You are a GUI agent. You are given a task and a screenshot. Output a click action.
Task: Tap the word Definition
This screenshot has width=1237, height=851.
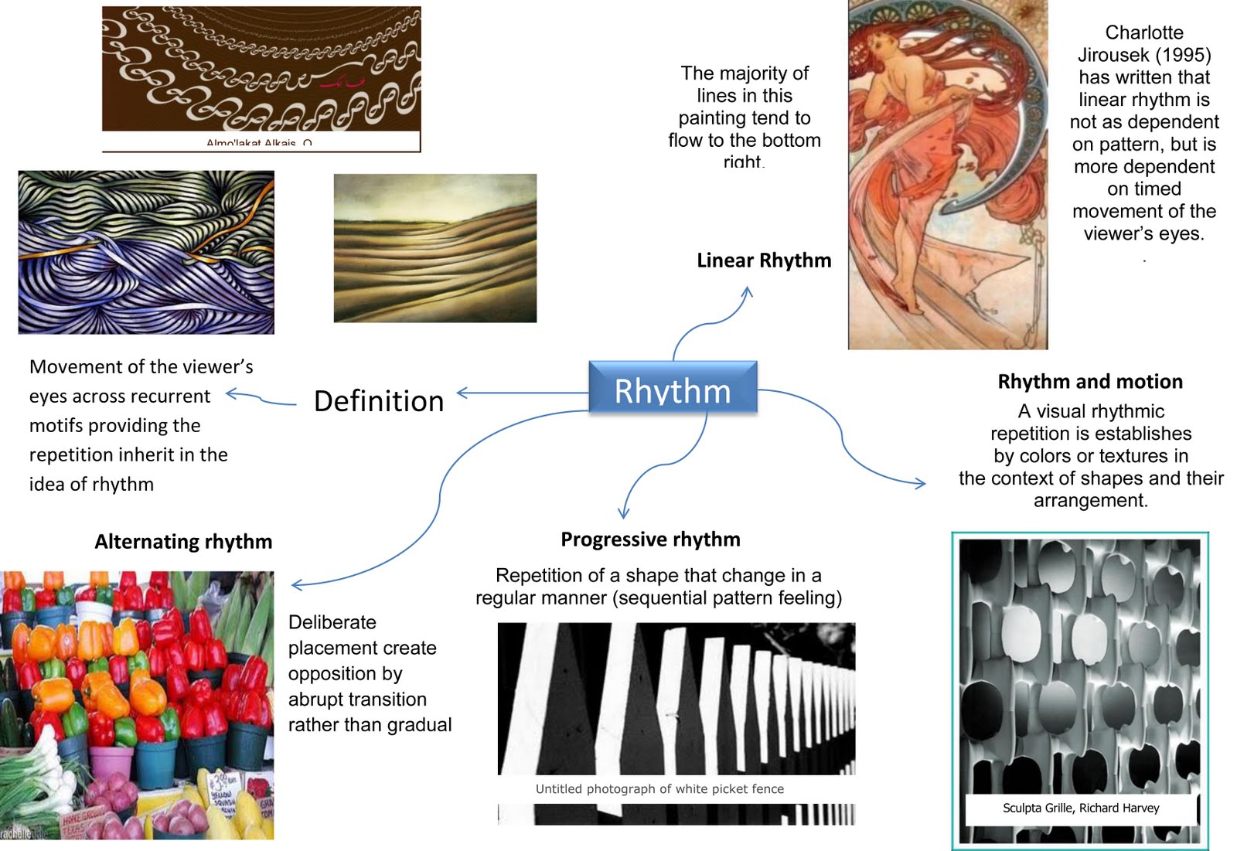pyautogui.click(x=379, y=401)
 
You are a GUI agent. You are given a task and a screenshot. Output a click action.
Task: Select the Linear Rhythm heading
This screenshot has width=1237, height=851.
pyautogui.click(x=764, y=260)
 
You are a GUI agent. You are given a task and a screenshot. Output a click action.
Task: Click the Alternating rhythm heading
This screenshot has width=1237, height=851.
pyautogui.click(x=183, y=542)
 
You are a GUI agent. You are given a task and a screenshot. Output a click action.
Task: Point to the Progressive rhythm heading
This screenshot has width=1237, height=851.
pyautogui.click(x=650, y=540)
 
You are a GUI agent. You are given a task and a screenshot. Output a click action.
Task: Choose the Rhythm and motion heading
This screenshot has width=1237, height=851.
pyautogui.click(x=1090, y=382)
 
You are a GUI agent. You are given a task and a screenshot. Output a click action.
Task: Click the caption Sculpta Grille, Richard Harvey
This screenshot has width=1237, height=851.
pyautogui.click(x=1081, y=808)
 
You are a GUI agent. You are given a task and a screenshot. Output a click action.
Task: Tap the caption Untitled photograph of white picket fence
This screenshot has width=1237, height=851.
pyautogui.click(x=659, y=789)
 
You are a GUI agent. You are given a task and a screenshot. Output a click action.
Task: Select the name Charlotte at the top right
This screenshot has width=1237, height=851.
pyautogui.click(x=1143, y=32)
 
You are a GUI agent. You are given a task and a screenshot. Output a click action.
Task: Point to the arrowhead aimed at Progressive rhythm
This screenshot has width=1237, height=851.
pyautogui.click(x=623, y=513)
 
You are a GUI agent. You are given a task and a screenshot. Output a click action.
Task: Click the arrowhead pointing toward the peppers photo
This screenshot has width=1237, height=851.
pyautogui.click(x=295, y=585)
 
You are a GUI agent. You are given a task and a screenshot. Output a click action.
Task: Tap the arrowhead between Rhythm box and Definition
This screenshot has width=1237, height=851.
pyautogui.click(x=462, y=393)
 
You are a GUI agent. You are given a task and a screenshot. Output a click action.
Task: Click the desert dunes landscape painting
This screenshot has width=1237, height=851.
pyautogui.click(x=434, y=247)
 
